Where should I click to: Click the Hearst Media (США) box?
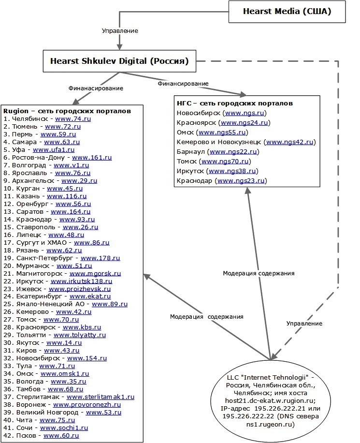point(287,12)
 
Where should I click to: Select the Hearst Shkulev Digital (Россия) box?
point(119,61)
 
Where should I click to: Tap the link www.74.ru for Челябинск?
point(73,119)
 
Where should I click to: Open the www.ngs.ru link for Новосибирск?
point(245,113)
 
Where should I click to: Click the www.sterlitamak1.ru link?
point(101,397)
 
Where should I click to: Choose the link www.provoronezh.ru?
point(87,405)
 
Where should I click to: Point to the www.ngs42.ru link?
point(290,142)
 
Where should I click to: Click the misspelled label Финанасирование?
point(96,88)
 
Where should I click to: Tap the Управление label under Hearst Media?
point(120,31)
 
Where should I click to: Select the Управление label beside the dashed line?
point(304,324)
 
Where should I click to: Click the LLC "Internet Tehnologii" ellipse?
point(271,400)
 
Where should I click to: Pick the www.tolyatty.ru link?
point(80,335)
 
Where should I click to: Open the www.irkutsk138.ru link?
point(81,281)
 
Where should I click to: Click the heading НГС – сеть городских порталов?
point(235,103)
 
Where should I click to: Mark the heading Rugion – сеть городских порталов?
point(67,111)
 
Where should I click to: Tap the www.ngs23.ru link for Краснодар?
point(241,181)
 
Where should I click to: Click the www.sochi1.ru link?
point(64,428)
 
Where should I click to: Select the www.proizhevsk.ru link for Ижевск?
point(80,289)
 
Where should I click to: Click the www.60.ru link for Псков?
point(61,436)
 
